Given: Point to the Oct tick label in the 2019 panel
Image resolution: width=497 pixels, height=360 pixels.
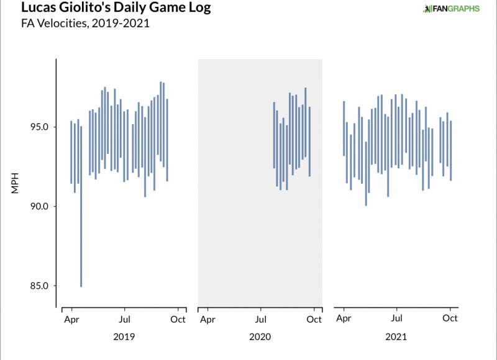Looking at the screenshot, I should click(x=178, y=319).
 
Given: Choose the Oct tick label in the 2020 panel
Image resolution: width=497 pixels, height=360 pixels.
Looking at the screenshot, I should click(x=314, y=319).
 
